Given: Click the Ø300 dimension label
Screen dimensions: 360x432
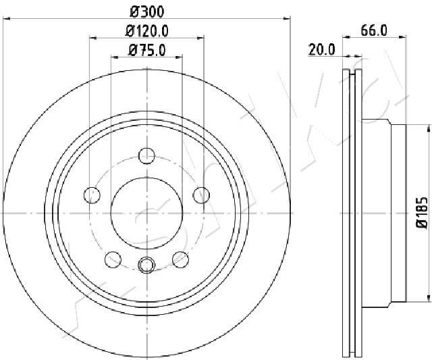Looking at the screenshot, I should [x=146, y=11].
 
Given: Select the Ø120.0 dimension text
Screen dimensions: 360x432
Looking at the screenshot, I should [x=146, y=30].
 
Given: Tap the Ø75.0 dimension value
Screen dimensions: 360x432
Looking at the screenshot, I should [x=146, y=49].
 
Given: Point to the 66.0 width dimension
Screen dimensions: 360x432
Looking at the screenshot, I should [x=373, y=30].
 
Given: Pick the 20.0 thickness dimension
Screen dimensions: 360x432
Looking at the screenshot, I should [x=322, y=49].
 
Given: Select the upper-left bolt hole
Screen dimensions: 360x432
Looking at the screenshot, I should [x=91, y=195].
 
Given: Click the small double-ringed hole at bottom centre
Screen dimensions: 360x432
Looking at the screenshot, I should [x=146, y=265].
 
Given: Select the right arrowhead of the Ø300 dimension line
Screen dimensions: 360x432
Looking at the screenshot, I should [x=286, y=19].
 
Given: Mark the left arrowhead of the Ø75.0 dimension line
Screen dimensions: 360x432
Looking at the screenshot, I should [x=114, y=57].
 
